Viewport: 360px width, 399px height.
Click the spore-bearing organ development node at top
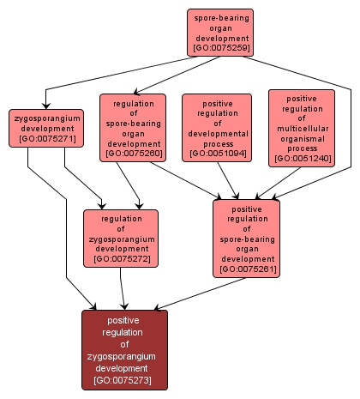[x=221, y=32]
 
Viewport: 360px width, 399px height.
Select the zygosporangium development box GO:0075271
[x=46, y=128]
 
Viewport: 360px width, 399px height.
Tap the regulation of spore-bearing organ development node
[x=132, y=127]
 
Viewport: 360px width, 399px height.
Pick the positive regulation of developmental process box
[x=216, y=127]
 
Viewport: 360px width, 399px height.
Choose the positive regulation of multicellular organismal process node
[x=301, y=127]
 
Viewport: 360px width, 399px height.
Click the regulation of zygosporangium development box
[x=120, y=238]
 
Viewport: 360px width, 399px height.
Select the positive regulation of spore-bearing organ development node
[x=247, y=238]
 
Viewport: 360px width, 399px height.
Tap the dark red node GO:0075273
[x=125, y=349]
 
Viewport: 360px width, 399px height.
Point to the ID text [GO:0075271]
[x=46, y=137]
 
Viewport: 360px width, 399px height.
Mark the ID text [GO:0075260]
[x=132, y=154]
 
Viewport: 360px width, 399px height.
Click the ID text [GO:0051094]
[x=216, y=153]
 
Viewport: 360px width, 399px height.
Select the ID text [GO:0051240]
[x=301, y=158]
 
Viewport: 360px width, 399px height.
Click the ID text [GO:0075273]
[x=125, y=379]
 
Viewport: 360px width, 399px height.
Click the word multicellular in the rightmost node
[x=301, y=127]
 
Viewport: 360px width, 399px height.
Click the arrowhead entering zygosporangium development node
[x=46, y=106]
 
